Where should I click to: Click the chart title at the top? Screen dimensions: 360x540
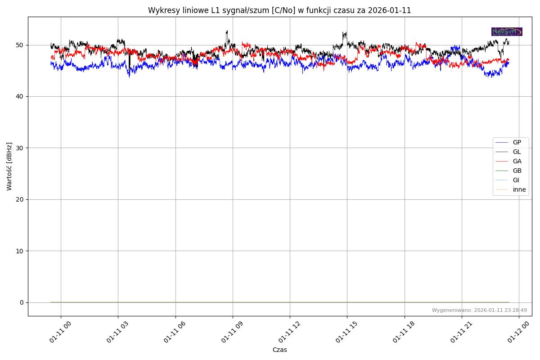[279, 10]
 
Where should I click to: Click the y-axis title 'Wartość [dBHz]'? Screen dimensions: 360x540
[9, 166]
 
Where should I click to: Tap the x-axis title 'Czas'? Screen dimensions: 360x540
[279, 350]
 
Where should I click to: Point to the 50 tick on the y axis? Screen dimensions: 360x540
[20, 45]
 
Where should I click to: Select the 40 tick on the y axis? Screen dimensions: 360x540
[20, 96]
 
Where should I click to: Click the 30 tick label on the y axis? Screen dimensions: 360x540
[20, 148]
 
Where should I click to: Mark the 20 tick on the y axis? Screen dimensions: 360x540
[20, 199]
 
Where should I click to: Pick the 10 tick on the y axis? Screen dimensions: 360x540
[20, 251]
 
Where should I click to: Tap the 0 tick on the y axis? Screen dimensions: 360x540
[22, 302]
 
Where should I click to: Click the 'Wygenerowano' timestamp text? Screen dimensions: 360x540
[479, 310]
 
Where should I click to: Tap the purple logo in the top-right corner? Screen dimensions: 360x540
[507, 31]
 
